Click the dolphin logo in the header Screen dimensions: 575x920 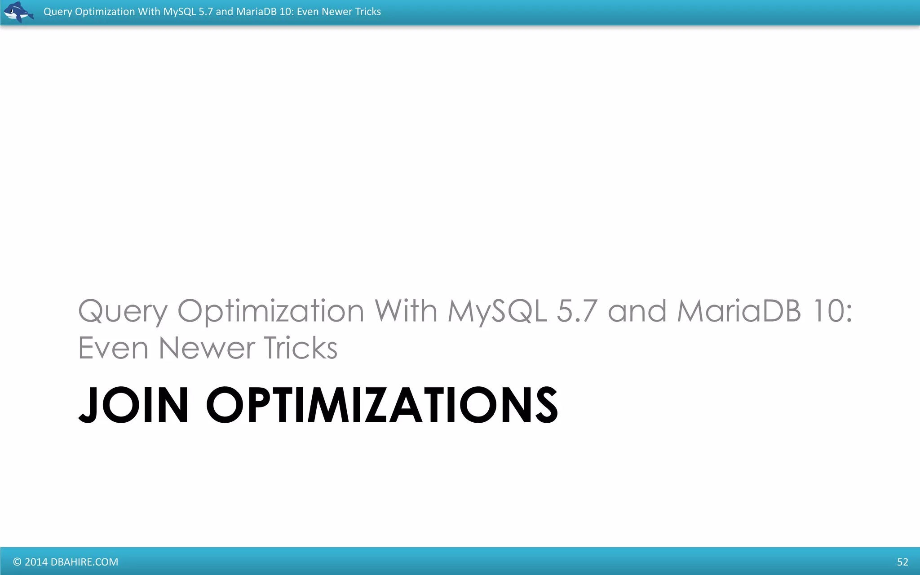coord(18,12)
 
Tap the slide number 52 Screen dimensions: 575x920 coord(902,562)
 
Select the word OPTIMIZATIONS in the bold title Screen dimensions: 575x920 coord(382,405)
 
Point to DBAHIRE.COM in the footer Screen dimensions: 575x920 coord(84,562)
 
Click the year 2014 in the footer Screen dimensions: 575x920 coord(36,562)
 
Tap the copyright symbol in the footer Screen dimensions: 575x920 coord(17,562)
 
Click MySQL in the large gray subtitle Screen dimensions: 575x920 coord(497,311)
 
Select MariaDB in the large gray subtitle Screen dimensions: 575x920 coord(739,311)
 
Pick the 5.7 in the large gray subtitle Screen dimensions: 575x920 coord(577,311)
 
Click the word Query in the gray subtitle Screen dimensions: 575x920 coord(123,311)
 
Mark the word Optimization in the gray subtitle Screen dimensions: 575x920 coord(270,311)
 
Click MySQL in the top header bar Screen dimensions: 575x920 coord(179,12)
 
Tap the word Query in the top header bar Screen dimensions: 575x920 coord(57,12)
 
